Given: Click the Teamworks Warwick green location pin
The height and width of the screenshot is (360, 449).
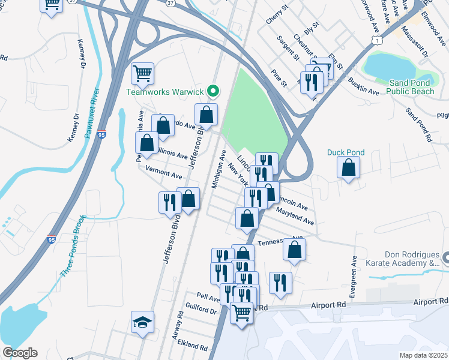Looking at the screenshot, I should coord(212,92).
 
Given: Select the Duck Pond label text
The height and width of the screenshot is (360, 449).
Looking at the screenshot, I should coord(345,152).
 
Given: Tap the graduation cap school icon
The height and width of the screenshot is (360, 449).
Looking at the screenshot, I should coord(143,322).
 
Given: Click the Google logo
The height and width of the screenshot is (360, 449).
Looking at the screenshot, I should coord(20,353).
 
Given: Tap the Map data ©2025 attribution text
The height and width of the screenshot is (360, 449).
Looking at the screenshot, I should coord(423,355).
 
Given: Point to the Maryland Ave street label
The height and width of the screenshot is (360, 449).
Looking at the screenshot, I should coord(295,217).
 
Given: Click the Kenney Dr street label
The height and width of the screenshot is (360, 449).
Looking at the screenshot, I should coord(80,54).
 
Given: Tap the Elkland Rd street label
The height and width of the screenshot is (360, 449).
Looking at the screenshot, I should coord(192,347).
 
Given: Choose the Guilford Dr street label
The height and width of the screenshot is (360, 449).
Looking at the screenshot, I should coord(202,311).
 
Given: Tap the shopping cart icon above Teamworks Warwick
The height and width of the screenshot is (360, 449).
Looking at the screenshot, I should coord(143,74).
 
